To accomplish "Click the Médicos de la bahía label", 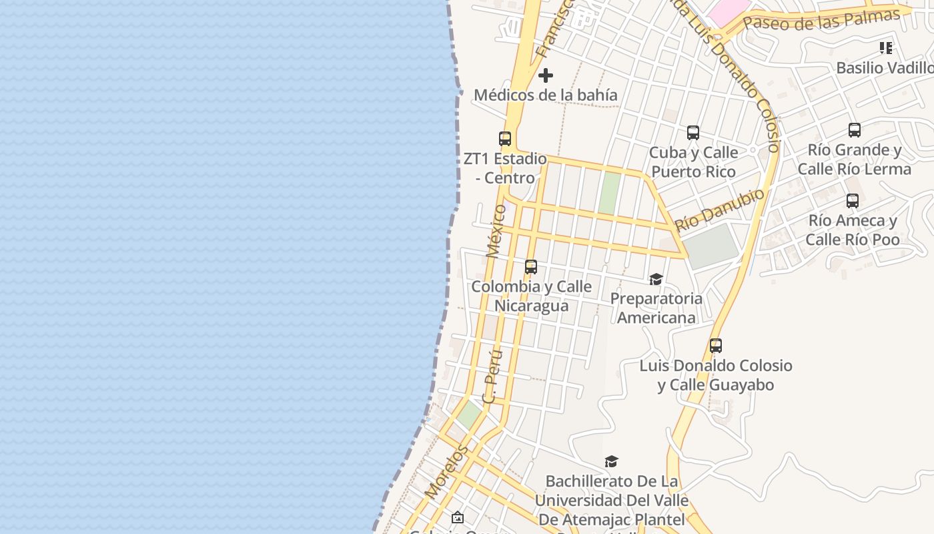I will pos(546,95).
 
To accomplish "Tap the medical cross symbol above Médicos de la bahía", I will pos(546,75).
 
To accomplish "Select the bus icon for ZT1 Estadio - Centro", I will pos(505,139).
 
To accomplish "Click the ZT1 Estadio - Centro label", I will pos(505,168).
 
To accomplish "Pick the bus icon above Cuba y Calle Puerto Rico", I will pos(693,133).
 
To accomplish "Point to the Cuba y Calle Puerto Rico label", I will pos(693,162).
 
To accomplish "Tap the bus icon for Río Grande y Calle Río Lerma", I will pos(855,130).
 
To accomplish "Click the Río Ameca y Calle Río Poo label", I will pos(853,230).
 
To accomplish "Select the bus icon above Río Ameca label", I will pos(852,201).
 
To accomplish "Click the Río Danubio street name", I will pos(720,210).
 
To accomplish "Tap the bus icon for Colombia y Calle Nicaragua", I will pos(531,267).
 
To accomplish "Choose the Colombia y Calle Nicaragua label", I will pos(531,296).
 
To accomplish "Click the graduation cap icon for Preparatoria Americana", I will pos(656,279).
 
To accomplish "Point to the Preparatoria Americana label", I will pos(656,308).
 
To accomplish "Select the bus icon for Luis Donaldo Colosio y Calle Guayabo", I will pos(716,346).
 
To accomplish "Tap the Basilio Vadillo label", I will pos(885,67).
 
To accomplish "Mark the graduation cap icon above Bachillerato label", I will pos(611,461).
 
